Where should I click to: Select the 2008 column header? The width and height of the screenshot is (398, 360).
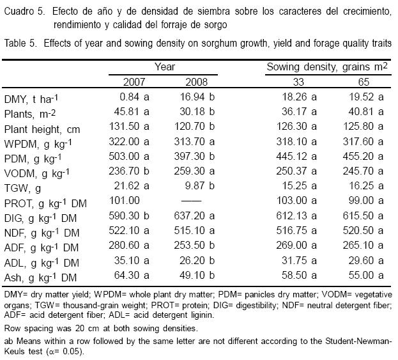click(x=197, y=81)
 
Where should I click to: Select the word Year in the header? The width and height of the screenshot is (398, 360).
click(x=164, y=66)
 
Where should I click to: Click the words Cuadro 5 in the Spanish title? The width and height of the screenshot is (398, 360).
click(x=24, y=12)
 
